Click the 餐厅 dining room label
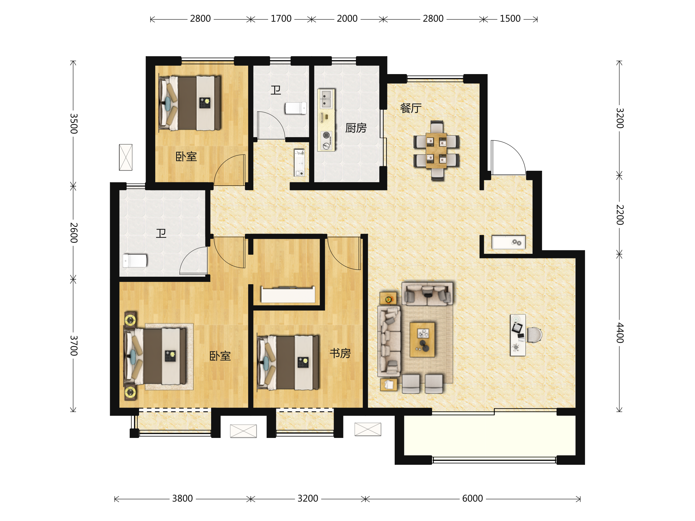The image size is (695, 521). tap(411, 108)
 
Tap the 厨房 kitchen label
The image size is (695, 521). tap(356, 128)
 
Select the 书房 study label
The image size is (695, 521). tap(340, 353)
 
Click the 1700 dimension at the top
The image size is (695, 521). tap(281, 19)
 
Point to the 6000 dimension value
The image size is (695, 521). tap(472, 499)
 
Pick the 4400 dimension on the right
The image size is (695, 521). tap(620, 333)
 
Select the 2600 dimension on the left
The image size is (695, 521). tap(74, 233)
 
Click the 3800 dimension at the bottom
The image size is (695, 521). tap(182, 499)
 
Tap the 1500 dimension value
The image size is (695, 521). tap(510, 19)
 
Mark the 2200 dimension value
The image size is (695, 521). tap(620, 215)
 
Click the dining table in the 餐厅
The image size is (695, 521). tap(436, 151)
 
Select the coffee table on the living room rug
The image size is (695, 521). tap(422, 340)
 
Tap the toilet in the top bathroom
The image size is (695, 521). tap(296, 108)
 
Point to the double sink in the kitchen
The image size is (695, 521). tap(326, 99)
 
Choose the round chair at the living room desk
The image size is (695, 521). tap(535, 335)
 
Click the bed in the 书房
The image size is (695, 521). tap(288, 363)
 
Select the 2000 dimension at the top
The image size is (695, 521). tap(347, 19)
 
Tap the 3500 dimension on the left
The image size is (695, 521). tap(74, 124)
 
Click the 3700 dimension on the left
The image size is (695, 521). tap(74, 345)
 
